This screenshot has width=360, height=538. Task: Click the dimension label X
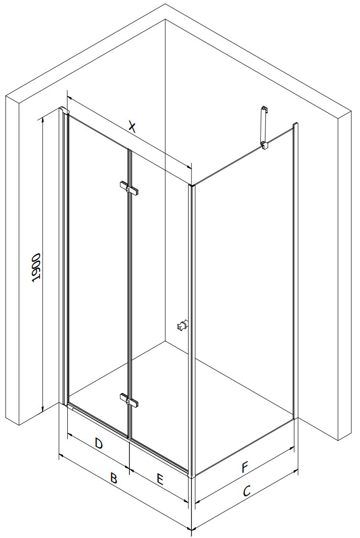pyautogui.click(x=132, y=126)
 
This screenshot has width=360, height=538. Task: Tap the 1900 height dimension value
pyautogui.click(x=36, y=268)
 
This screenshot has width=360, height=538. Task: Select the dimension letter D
pyautogui.click(x=98, y=444)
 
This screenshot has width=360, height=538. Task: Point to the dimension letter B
pyautogui.click(x=114, y=478)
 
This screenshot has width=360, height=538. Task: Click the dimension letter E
pyautogui.click(x=160, y=479)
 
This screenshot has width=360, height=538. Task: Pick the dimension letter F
pyautogui.click(x=244, y=467)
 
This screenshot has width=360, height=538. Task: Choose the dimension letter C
pyautogui.click(x=247, y=491)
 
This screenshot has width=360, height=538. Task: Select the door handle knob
pyautogui.click(x=182, y=325)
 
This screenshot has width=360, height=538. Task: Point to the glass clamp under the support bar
pyautogui.click(x=265, y=146)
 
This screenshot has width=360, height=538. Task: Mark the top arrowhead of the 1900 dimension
pyautogui.click(x=42, y=120)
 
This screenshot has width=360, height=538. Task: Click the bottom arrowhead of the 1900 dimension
pyautogui.click(x=42, y=408)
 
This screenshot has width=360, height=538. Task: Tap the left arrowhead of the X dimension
pyautogui.click(x=70, y=98)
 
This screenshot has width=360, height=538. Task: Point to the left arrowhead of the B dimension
pyautogui.click(x=62, y=455)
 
